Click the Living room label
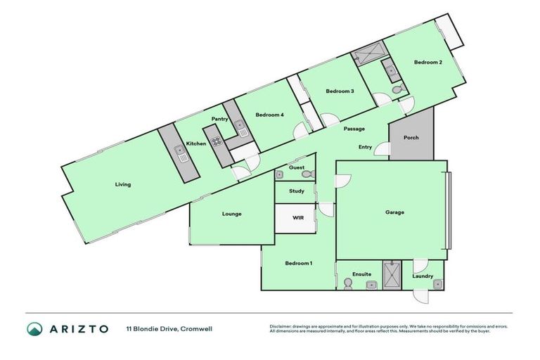click(x=123, y=185)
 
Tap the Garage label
click(x=394, y=212)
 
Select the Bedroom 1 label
click(x=298, y=263)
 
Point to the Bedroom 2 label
click(x=427, y=63)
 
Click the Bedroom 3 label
click(x=340, y=91)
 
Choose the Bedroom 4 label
click(x=269, y=115)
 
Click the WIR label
click(x=298, y=218)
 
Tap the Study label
click(x=296, y=191)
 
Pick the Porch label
click(x=411, y=138)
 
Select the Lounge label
click(x=232, y=214)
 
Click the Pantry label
click(x=219, y=119)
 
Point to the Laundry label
click(x=423, y=276)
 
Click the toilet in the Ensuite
click(x=347, y=283)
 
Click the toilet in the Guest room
click(x=307, y=174)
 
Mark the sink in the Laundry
click(x=437, y=283)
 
